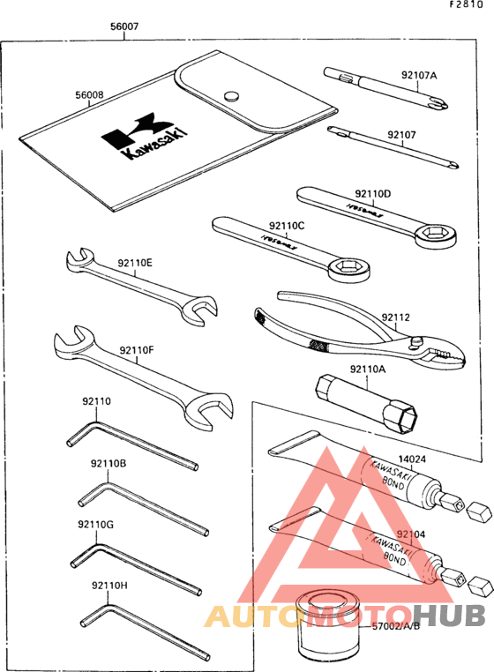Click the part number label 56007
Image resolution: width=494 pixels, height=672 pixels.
[x=123, y=27]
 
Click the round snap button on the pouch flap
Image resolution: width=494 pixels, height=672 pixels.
[x=232, y=95]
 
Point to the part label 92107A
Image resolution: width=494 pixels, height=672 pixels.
[x=419, y=75]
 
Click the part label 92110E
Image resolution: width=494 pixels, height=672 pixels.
[x=135, y=262]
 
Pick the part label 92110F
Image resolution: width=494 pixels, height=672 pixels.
[x=137, y=350]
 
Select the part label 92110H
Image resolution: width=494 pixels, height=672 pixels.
[x=109, y=585]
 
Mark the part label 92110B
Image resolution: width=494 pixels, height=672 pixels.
[x=108, y=463]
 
